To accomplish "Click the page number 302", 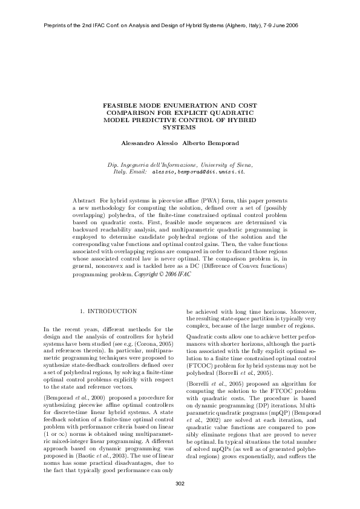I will (180, 482).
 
